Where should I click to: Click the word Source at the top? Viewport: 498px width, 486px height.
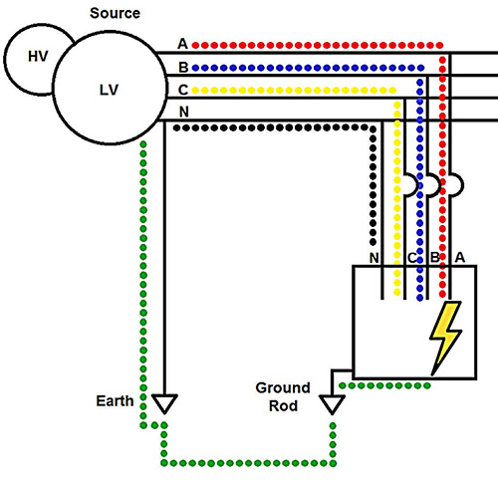coord(115,13)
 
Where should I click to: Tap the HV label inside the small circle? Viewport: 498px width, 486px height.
coord(38,57)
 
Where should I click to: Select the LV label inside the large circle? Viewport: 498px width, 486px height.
coord(109,90)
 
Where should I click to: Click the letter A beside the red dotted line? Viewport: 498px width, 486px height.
coord(182,44)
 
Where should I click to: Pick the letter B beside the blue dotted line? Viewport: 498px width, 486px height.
coord(183,68)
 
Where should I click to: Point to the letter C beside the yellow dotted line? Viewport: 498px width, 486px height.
coord(183,90)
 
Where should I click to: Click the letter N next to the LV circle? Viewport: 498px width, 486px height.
coord(184,112)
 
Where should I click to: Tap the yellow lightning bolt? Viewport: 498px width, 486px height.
coord(446,338)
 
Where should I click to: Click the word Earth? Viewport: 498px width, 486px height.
coord(115,401)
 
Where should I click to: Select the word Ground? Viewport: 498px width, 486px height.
coord(283,387)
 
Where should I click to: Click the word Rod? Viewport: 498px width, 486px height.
coord(283,406)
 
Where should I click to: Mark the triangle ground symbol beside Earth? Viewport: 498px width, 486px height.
coord(164,403)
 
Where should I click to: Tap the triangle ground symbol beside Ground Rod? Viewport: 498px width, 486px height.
coord(332,404)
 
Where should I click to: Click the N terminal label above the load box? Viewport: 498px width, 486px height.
coord(374,258)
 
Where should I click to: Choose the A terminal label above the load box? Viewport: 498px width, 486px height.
coord(460,257)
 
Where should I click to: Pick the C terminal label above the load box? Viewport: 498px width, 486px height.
coord(411,258)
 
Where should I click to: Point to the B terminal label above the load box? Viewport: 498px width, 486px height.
coord(434,258)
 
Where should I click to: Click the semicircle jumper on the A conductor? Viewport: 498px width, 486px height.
coord(461,184)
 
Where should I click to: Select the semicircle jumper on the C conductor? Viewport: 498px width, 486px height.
coord(416,184)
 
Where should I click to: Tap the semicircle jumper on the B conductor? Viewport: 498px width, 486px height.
coord(439,184)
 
